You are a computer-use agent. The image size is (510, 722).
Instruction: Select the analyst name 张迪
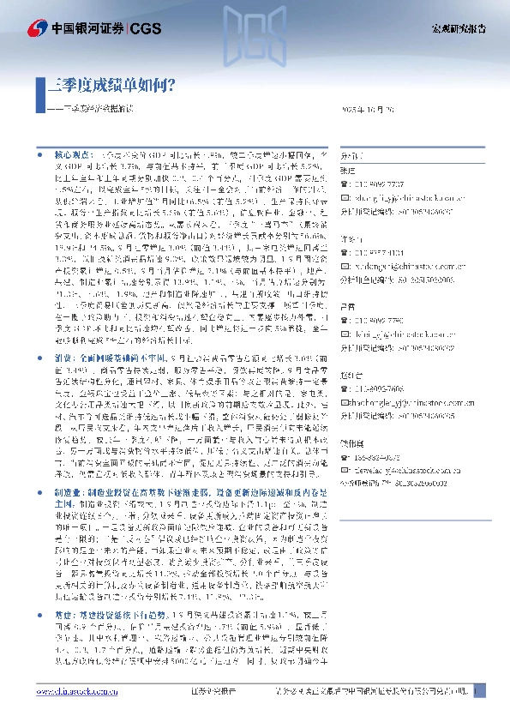346,171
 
